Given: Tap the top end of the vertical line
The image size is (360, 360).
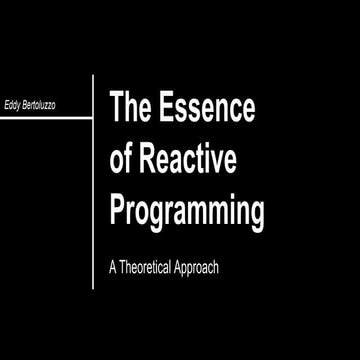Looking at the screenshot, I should click(x=93, y=73).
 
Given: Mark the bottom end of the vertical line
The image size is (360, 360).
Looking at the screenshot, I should click(x=93, y=289).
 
